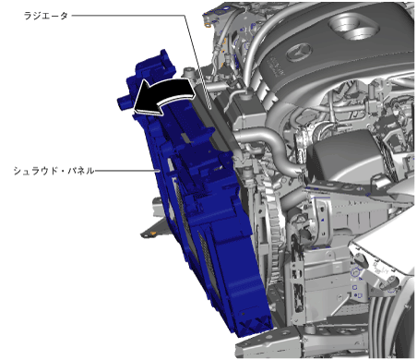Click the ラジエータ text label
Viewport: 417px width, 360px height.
pos(46,16)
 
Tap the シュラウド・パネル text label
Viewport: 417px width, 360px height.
pos(54,171)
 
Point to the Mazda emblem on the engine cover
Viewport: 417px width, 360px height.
pos(299,53)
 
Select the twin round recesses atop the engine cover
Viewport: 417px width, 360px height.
pos(353,28)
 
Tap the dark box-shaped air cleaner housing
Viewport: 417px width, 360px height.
pos(344,154)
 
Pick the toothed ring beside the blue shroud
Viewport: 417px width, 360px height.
pos(275,234)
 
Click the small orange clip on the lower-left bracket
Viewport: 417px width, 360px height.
pos(153,234)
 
